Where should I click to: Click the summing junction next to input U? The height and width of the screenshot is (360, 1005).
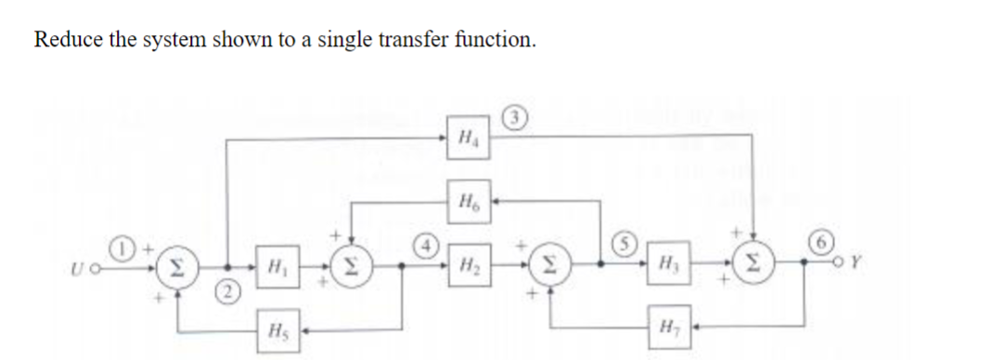click(x=174, y=269)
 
